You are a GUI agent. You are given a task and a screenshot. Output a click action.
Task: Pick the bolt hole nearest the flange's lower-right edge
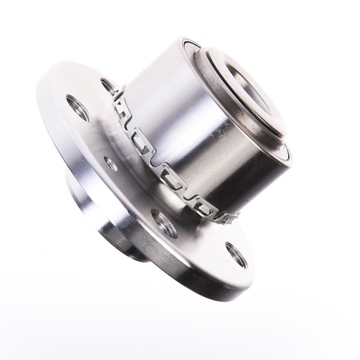[236, 254]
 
